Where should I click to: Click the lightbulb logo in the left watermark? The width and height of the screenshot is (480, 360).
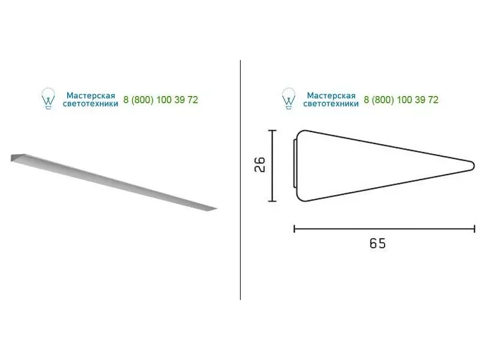point(48,98)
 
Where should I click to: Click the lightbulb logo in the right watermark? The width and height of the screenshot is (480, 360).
point(289,98)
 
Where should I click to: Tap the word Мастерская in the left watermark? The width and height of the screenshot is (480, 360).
point(91,95)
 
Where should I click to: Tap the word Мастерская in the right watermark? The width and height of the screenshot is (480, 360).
point(331,95)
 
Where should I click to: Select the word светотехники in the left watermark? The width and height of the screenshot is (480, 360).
point(91,104)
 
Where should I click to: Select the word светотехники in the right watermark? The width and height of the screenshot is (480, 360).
point(331,104)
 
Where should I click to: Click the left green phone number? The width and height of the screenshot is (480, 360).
point(161,100)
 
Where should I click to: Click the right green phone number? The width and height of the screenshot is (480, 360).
point(401,100)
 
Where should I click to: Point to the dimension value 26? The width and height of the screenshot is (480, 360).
point(260,164)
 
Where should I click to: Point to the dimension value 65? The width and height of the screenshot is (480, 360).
point(377,244)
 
